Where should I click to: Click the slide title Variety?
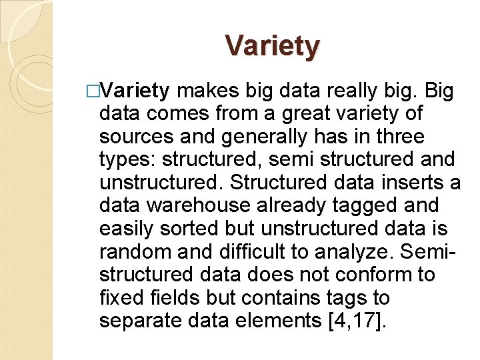click(273, 46)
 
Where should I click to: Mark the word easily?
click(128, 228)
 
